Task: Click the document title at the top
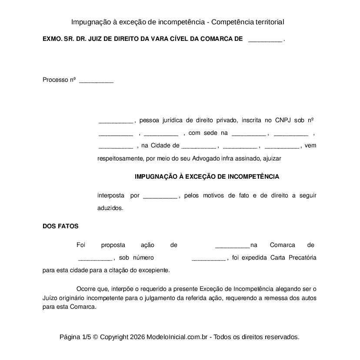click(x=177, y=22)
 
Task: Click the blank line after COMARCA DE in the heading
click(x=265, y=40)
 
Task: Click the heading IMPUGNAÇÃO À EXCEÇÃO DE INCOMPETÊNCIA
click(x=207, y=177)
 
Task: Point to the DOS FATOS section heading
click(x=60, y=226)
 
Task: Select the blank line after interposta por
click(x=160, y=196)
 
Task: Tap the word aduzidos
click(x=110, y=208)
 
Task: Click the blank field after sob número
click(x=208, y=258)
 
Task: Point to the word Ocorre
click(x=86, y=289)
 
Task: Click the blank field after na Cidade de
click(x=198, y=146)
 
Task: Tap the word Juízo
click(x=51, y=298)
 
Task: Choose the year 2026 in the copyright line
click(x=137, y=337)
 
